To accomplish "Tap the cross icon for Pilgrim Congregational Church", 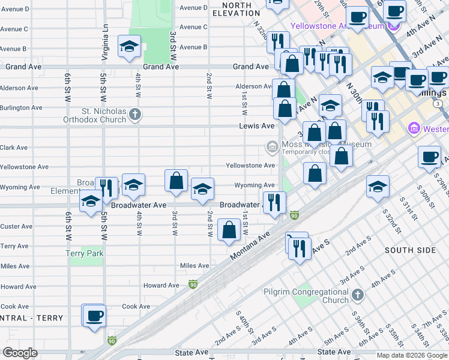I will (x=358, y=295).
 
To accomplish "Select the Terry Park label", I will (x=85, y=254).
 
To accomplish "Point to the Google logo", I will (x=20, y=353).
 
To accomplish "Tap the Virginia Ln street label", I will (x=105, y=41).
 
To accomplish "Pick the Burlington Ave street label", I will (x=21, y=108).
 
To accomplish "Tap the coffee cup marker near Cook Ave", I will (x=95, y=316).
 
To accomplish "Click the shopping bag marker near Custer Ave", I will (x=229, y=230).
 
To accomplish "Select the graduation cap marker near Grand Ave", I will (x=129, y=47).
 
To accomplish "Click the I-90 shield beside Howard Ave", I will (x=193, y=284).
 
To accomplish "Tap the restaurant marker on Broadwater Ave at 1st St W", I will (x=274, y=202).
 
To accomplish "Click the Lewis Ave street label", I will (x=256, y=126).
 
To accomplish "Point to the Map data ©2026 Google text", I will (x=412, y=355).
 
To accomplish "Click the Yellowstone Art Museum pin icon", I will (x=394, y=26).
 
